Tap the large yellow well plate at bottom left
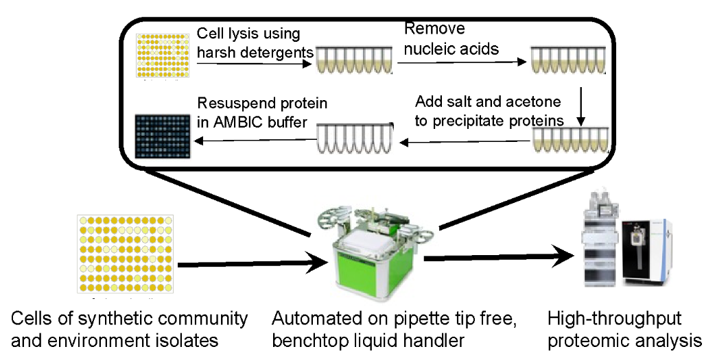click(126, 254)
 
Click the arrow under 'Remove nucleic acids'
click(462, 62)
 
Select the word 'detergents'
click(277, 51)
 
